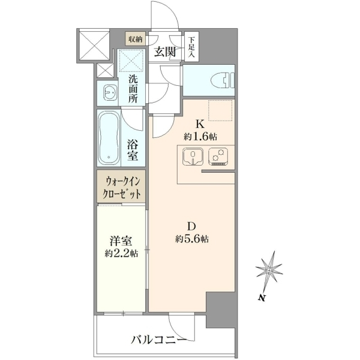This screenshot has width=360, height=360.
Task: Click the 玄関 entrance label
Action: point(164,52)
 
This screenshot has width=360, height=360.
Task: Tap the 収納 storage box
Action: point(135,38)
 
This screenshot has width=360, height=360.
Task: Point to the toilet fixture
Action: point(223,80)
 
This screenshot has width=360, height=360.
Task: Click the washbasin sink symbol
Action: point(110,93)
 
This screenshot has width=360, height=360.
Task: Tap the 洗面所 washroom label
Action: point(133,89)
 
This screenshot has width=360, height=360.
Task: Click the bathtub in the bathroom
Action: point(109,138)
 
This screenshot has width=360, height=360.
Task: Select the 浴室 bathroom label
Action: point(133,150)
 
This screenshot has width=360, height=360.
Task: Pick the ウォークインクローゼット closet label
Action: point(121,188)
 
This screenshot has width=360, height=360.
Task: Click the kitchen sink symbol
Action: point(193,157)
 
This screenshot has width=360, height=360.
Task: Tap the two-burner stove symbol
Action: point(218,157)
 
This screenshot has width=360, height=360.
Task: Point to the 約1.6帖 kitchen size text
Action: point(200,137)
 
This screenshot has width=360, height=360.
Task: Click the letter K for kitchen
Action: point(200,124)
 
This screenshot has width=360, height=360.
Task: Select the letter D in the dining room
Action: point(191,226)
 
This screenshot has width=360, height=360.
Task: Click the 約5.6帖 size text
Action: point(192,239)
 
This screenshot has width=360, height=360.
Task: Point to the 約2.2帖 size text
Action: point(121,253)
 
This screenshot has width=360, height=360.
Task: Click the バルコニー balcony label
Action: point(158,340)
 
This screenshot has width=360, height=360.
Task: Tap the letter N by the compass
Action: point(261,298)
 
